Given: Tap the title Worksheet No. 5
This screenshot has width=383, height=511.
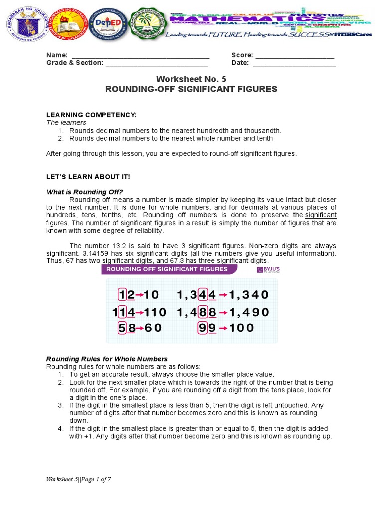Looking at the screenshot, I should coord(191,79).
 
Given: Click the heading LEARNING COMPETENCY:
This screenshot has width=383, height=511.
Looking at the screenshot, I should coord(91,115).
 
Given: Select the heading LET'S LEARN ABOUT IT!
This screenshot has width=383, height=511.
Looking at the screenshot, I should coord(88,177).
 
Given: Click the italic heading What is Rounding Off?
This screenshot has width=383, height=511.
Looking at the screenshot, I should coord(85,192).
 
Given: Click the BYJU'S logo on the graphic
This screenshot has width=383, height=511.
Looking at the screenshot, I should coord(267,270).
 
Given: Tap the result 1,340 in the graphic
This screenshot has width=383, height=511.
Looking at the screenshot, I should coord(249,295).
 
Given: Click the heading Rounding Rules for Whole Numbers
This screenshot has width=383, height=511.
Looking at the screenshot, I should coord(107,359).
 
